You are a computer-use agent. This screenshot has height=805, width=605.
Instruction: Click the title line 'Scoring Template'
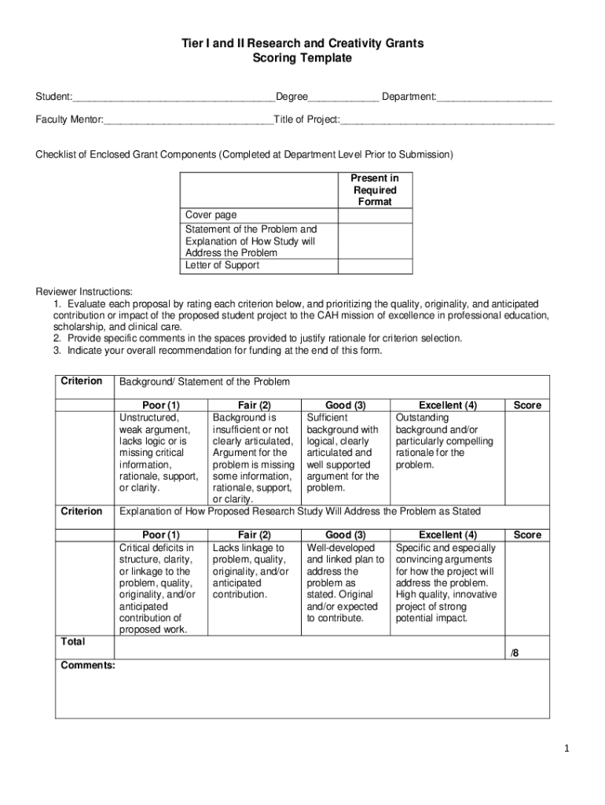click(x=302, y=58)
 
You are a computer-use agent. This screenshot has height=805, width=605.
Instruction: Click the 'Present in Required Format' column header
click(x=375, y=190)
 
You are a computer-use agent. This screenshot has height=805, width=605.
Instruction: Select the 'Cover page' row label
click(x=211, y=215)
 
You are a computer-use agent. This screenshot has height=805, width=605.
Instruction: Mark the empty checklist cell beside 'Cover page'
click(x=375, y=215)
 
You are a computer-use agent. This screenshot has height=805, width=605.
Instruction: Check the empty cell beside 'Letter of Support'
click(x=375, y=266)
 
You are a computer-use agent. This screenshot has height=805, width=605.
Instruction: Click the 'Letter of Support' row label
click(x=222, y=266)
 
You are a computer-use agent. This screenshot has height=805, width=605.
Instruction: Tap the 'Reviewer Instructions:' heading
click(x=84, y=291)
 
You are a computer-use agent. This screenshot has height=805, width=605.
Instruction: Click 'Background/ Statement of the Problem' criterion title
click(x=204, y=382)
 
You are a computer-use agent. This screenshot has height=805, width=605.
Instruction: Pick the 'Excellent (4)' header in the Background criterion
click(x=448, y=406)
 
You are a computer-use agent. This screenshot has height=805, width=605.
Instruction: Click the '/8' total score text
click(x=515, y=652)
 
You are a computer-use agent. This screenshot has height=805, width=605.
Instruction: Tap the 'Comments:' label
click(x=88, y=665)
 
